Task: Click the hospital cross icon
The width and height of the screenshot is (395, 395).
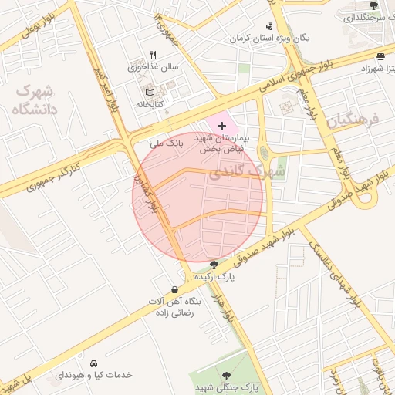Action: [221, 125]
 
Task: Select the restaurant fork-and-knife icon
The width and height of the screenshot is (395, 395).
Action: [153, 55]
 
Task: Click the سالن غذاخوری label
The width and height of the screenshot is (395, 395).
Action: [153, 67]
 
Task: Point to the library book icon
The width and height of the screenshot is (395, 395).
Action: [150, 93]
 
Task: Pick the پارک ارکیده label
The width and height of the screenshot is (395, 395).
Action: [214, 275]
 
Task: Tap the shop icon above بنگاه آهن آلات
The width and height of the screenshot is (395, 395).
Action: [175, 290]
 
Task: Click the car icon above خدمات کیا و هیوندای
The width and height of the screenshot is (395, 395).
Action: [93, 363]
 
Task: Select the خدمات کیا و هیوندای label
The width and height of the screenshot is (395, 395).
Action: [93, 375]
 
